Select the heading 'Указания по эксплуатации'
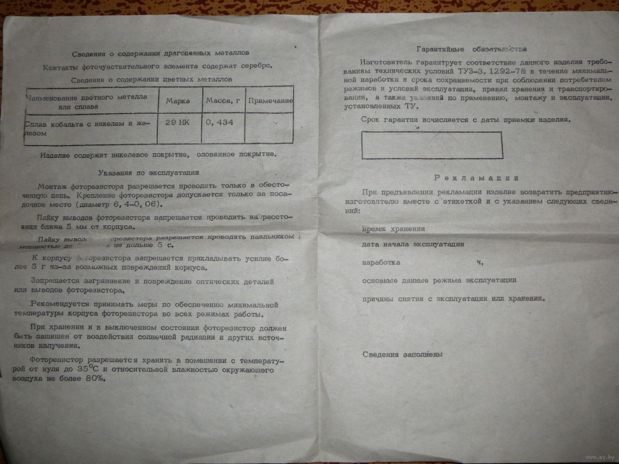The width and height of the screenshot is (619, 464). pos(149,173)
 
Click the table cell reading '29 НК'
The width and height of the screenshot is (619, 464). pos(178,122)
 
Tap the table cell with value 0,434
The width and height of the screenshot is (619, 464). pos(220,122)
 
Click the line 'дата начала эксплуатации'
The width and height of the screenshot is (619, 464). pos(413,244)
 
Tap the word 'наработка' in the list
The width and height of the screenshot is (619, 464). pos(381,262)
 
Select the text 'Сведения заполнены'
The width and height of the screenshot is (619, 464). pos(402,354)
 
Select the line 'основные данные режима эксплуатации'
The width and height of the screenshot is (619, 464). pos(439,280)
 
